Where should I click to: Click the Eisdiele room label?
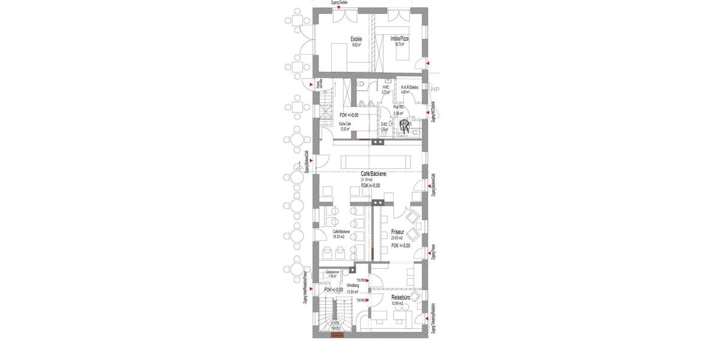356,40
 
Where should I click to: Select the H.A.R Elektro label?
410,87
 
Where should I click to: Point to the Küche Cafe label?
345,124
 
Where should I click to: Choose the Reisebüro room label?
401,297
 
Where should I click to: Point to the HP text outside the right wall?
435,91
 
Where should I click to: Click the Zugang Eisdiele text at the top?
339,3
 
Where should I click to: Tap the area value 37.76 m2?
368,179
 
